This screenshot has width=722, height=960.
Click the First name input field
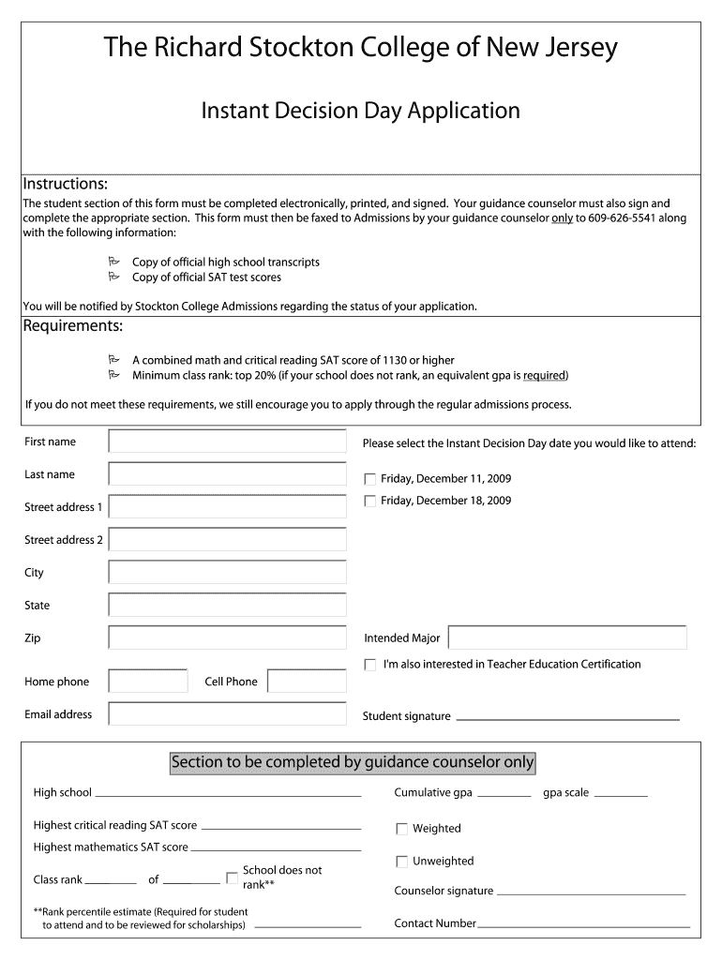click(227, 442)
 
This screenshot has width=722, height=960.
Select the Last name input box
click(227, 474)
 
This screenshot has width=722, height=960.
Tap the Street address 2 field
click(227, 540)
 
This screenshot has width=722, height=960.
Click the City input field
click(227, 573)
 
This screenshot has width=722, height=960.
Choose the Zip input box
click(227, 638)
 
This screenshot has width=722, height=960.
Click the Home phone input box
click(148, 682)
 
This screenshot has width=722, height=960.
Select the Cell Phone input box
click(306, 682)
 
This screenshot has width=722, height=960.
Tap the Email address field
click(227, 714)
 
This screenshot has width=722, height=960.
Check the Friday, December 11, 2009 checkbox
click(370, 479)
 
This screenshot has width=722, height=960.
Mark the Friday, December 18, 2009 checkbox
click(370, 502)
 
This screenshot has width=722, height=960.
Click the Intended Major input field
click(567, 638)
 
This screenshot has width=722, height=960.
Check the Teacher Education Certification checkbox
click(370, 665)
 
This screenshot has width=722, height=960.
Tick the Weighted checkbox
click(402, 829)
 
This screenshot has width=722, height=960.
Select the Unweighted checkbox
click(402, 862)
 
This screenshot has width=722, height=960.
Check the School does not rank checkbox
click(232, 877)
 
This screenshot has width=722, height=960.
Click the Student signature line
click(567, 718)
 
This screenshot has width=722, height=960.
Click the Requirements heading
click(73, 326)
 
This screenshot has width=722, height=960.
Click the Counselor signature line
click(591, 893)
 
